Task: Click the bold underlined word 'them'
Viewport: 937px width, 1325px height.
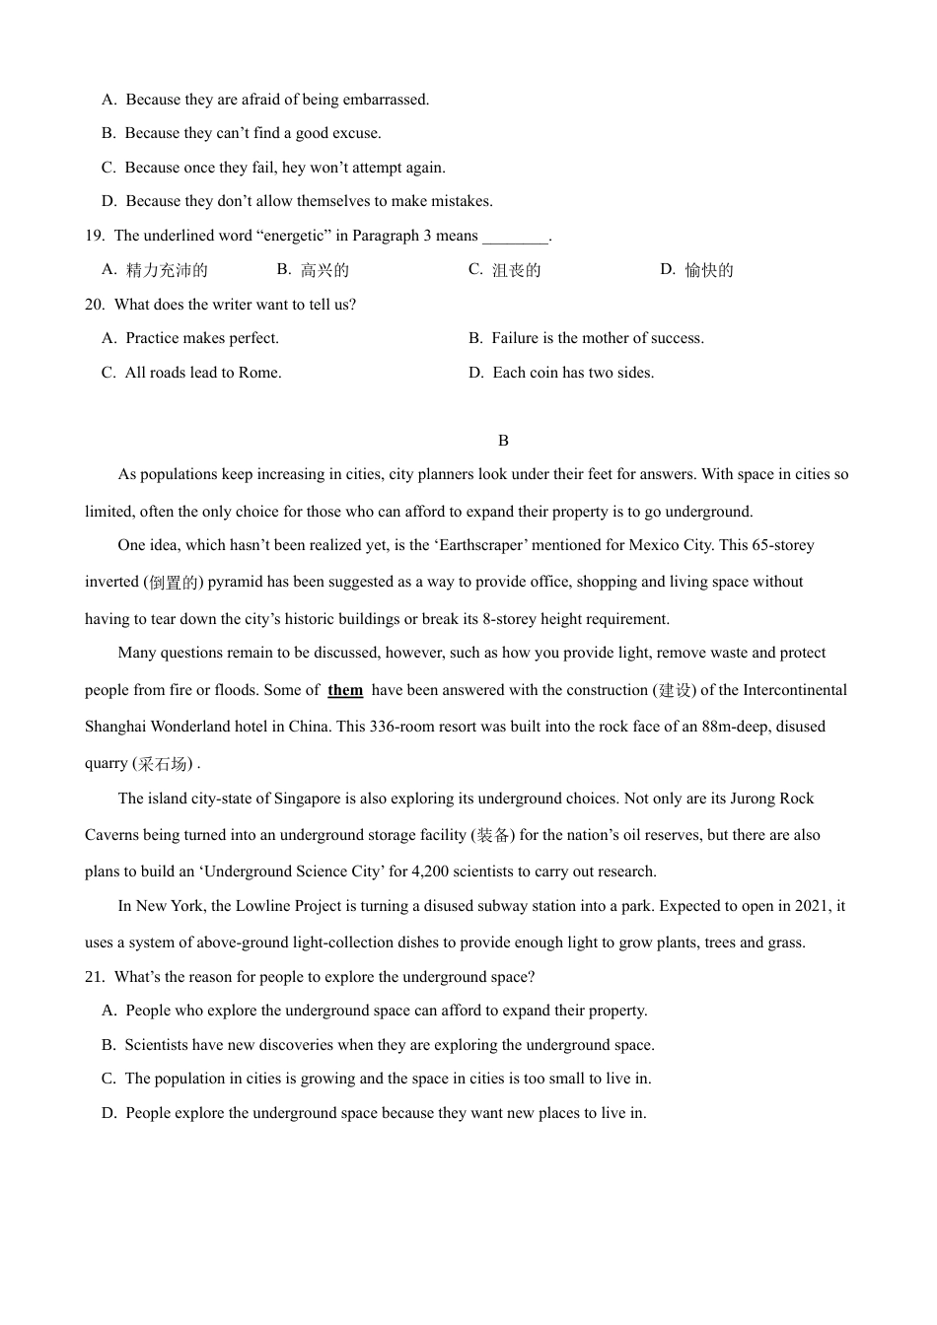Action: coord(345,690)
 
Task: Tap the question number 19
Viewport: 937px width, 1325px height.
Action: coord(95,236)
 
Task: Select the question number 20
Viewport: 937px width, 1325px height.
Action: coord(95,305)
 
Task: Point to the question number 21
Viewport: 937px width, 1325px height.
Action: coord(95,977)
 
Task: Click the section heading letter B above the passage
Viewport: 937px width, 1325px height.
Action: coord(503,441)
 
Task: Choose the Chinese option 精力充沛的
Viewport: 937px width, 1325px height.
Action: coord(167,270)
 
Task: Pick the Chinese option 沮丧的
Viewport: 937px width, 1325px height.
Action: coord(517,270)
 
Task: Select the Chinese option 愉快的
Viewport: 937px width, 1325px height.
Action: coord(709,270)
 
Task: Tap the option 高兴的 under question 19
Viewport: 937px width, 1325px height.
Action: coord(325,270)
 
